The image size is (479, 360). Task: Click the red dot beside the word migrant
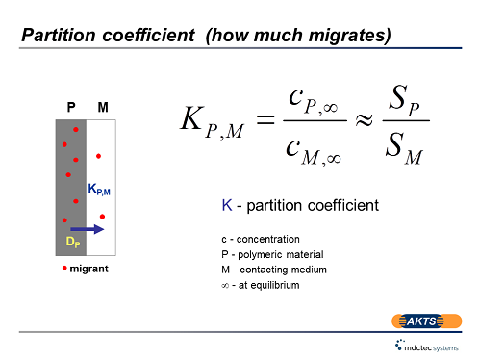pos(63,267)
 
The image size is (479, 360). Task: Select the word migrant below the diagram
pos(88,267)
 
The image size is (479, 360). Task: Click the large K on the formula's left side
pos(192,120)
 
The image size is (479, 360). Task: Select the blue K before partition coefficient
pos(227,205)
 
